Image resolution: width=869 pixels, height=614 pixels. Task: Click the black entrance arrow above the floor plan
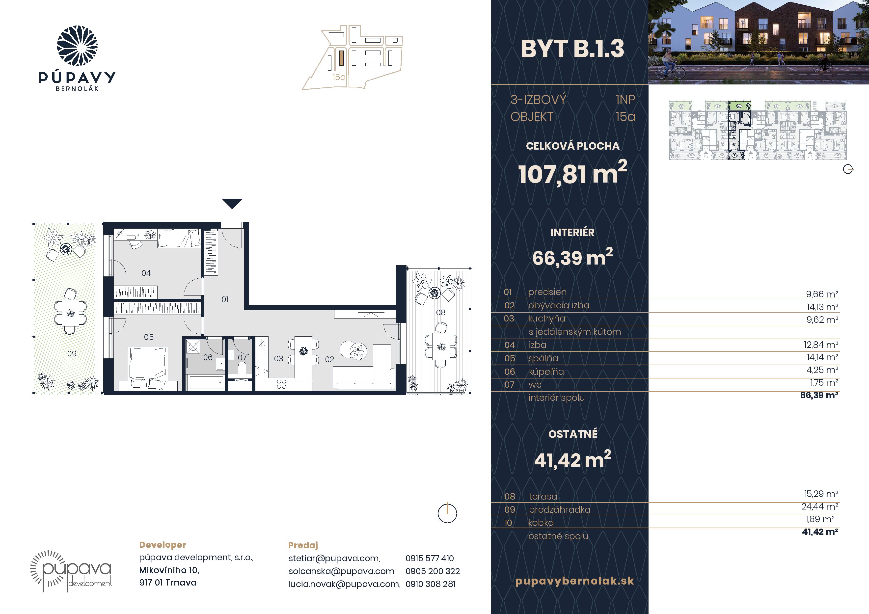[x=232, y=203]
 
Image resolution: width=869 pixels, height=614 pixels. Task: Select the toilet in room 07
[x=242, y=368]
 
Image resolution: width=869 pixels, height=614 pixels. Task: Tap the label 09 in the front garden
[x=72, y=353]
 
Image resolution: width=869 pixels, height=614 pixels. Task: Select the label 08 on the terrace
[x=440, y=313]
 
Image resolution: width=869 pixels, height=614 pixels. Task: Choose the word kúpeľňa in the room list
[x=546, y=372]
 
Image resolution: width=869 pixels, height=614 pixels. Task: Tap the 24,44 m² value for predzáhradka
[x=820, y=506]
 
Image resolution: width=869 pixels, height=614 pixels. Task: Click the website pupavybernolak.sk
[x=574, y=581]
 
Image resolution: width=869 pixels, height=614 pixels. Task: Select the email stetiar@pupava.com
[x=334, y=558]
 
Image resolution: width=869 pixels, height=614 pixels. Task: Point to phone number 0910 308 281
[x=430, y=584]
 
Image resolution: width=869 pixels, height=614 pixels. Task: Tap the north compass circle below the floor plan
[x=447, y=513]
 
